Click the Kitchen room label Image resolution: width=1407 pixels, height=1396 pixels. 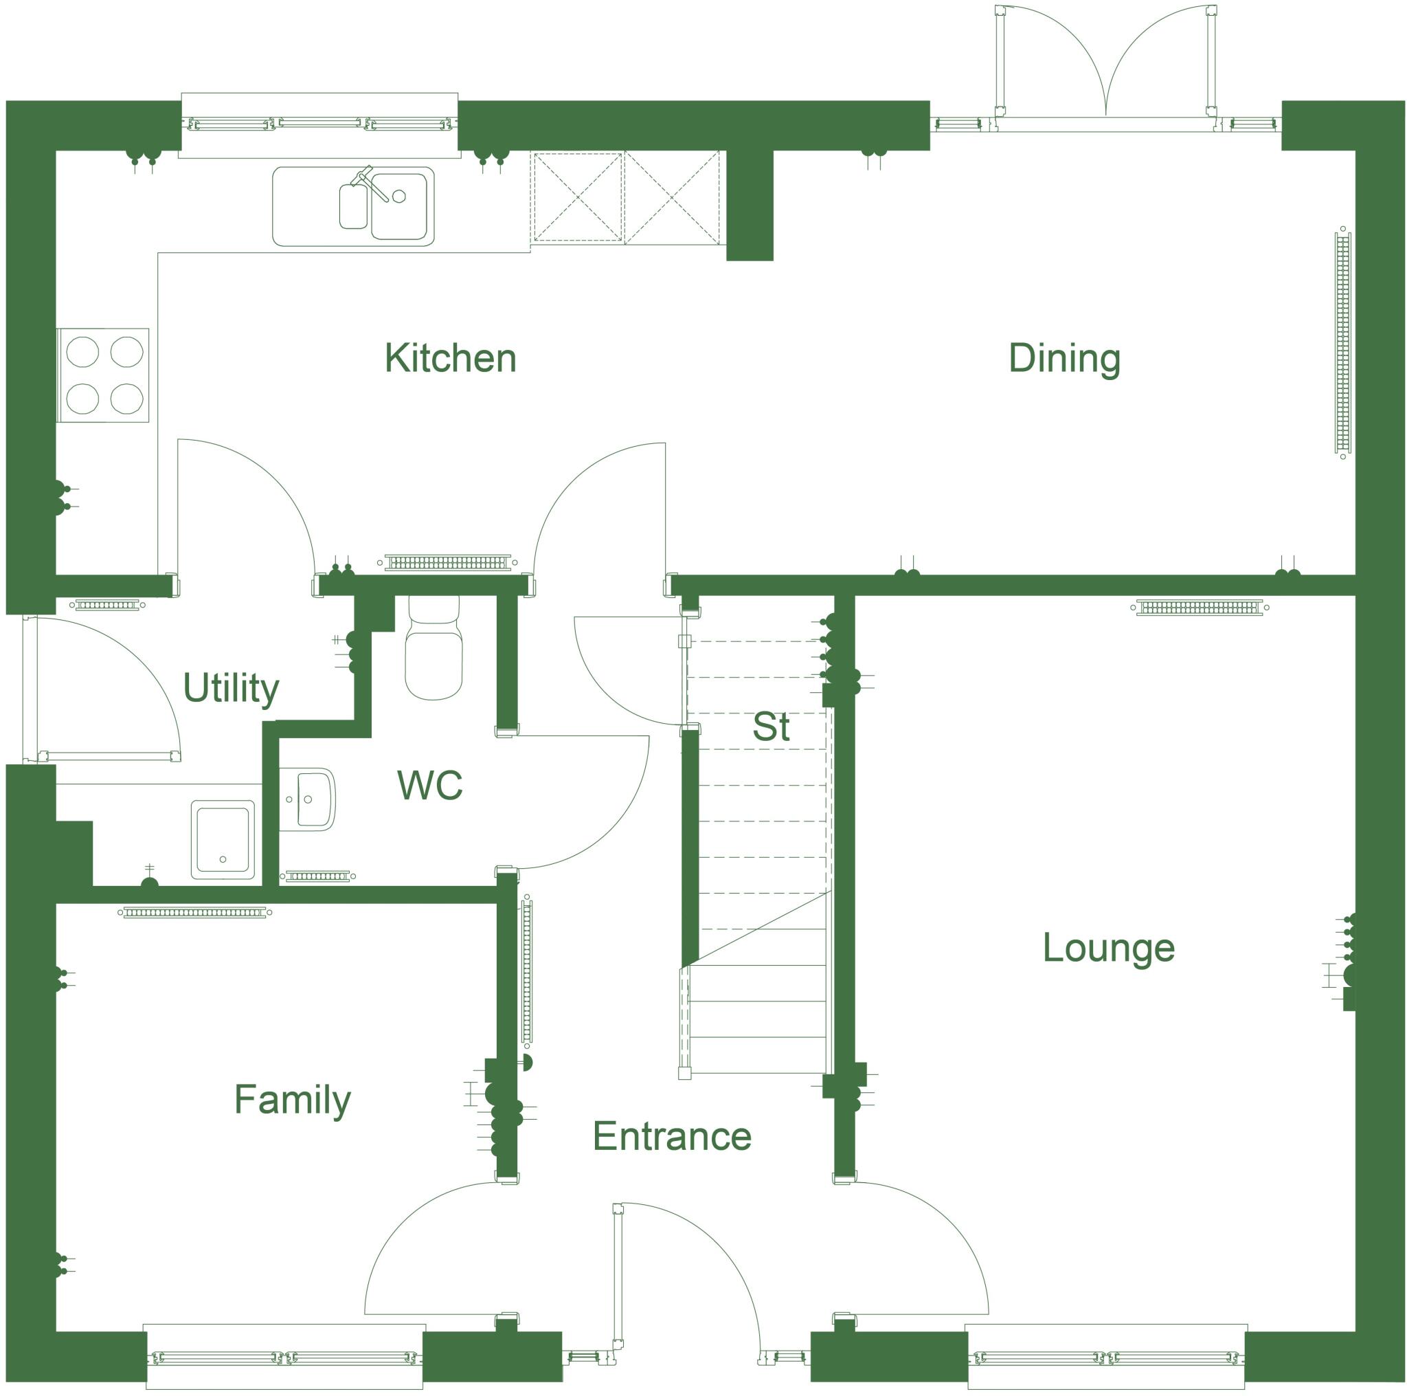coord(450,359)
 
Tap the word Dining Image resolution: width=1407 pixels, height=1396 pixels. coord(1063,359)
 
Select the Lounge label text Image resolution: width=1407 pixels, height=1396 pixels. coord(1108,948)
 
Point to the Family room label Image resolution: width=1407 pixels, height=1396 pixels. coord(292,1100)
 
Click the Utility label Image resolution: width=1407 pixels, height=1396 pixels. coord(230,688)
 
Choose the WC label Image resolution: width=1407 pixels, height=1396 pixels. coord(429,786)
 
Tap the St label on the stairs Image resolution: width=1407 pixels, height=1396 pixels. coord(771,727)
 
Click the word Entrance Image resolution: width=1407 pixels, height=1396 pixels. coord(671,1136)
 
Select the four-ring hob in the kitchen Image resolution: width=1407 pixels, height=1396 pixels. coord(104,375)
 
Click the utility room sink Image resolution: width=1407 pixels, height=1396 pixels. coord(223,839)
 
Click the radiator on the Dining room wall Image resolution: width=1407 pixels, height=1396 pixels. coord(1342,342)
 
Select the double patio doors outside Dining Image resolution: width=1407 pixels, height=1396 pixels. coord(1105,69)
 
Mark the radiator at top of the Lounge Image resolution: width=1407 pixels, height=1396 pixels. coord(1199,607)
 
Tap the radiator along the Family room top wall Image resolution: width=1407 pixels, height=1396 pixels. coord(194,912)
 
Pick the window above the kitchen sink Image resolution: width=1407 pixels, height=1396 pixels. coord(319,124)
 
